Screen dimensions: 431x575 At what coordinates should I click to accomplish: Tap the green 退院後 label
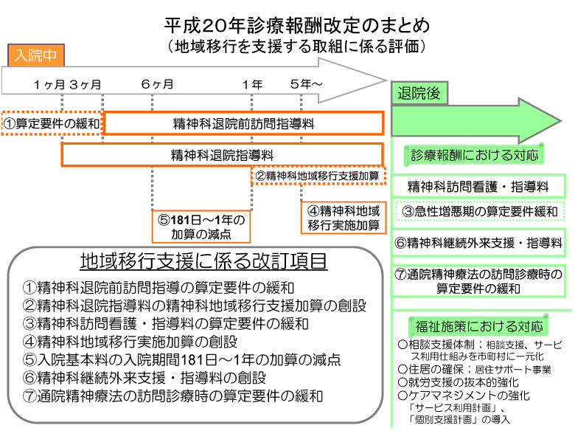(419, 93)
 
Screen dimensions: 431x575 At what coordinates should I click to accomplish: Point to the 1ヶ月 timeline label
(49, 84)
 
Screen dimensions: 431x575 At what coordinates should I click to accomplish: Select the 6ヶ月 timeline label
(157, 84)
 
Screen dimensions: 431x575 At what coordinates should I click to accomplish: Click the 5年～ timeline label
(306, 84)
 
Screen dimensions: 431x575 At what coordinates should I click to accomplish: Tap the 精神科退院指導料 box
(222, 155)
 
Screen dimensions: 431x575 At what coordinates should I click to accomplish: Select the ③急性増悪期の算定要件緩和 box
(480, 212)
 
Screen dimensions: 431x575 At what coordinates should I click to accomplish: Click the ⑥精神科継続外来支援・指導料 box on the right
(479, 242)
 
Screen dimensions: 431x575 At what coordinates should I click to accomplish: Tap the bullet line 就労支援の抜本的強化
(458, 382)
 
